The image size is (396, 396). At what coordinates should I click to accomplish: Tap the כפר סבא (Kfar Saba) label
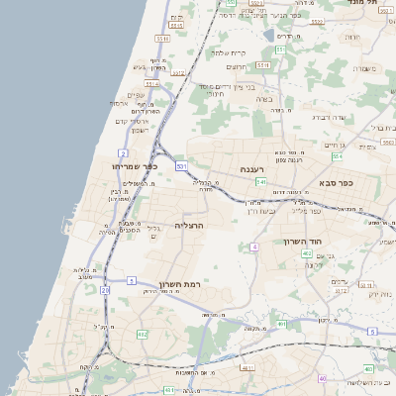[336, 182]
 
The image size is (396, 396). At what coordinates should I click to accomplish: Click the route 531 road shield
[182, 167]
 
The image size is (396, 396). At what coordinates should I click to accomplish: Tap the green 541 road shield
[259, 182]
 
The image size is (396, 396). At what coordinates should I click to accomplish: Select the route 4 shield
[254, 246]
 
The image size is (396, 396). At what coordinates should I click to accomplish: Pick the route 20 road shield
[105, 290]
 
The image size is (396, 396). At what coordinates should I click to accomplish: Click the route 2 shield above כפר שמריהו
[123, 153]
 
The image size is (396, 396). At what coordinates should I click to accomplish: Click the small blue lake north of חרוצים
[269, 36]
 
